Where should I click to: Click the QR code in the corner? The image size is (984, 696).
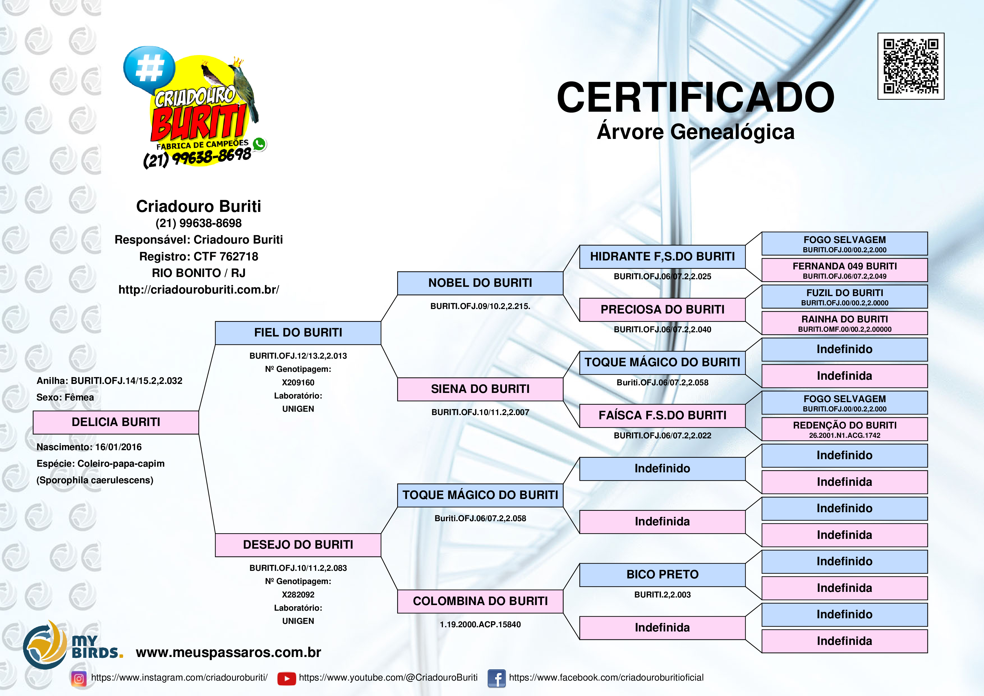(911, 66)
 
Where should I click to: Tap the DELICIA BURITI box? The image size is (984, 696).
(116, 422)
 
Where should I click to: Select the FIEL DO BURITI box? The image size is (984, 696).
(298, 333)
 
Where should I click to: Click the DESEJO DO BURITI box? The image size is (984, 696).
(298, 545)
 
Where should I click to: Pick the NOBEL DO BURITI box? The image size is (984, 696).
(480, 283)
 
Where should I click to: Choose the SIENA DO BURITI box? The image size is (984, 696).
(480, 389)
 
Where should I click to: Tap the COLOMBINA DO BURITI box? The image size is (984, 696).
(480, 601)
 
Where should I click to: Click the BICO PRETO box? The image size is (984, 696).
(662, 575)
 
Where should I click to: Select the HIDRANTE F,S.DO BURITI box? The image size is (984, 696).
(662, 257)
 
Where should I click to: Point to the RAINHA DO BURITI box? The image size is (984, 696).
(844, 323)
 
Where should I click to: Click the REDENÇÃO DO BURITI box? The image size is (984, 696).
(844, 429)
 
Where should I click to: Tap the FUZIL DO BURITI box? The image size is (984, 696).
(844, 296)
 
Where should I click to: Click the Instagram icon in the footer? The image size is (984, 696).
(79, 678)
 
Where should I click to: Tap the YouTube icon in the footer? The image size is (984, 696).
(286, 678)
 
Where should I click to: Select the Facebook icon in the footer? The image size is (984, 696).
(496, 678)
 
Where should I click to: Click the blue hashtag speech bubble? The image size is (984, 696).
(149, 68)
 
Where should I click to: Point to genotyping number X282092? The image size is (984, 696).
(298, 595)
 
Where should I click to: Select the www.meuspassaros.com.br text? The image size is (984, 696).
(228, 652)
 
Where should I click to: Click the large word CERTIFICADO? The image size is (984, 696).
(695, 98)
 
